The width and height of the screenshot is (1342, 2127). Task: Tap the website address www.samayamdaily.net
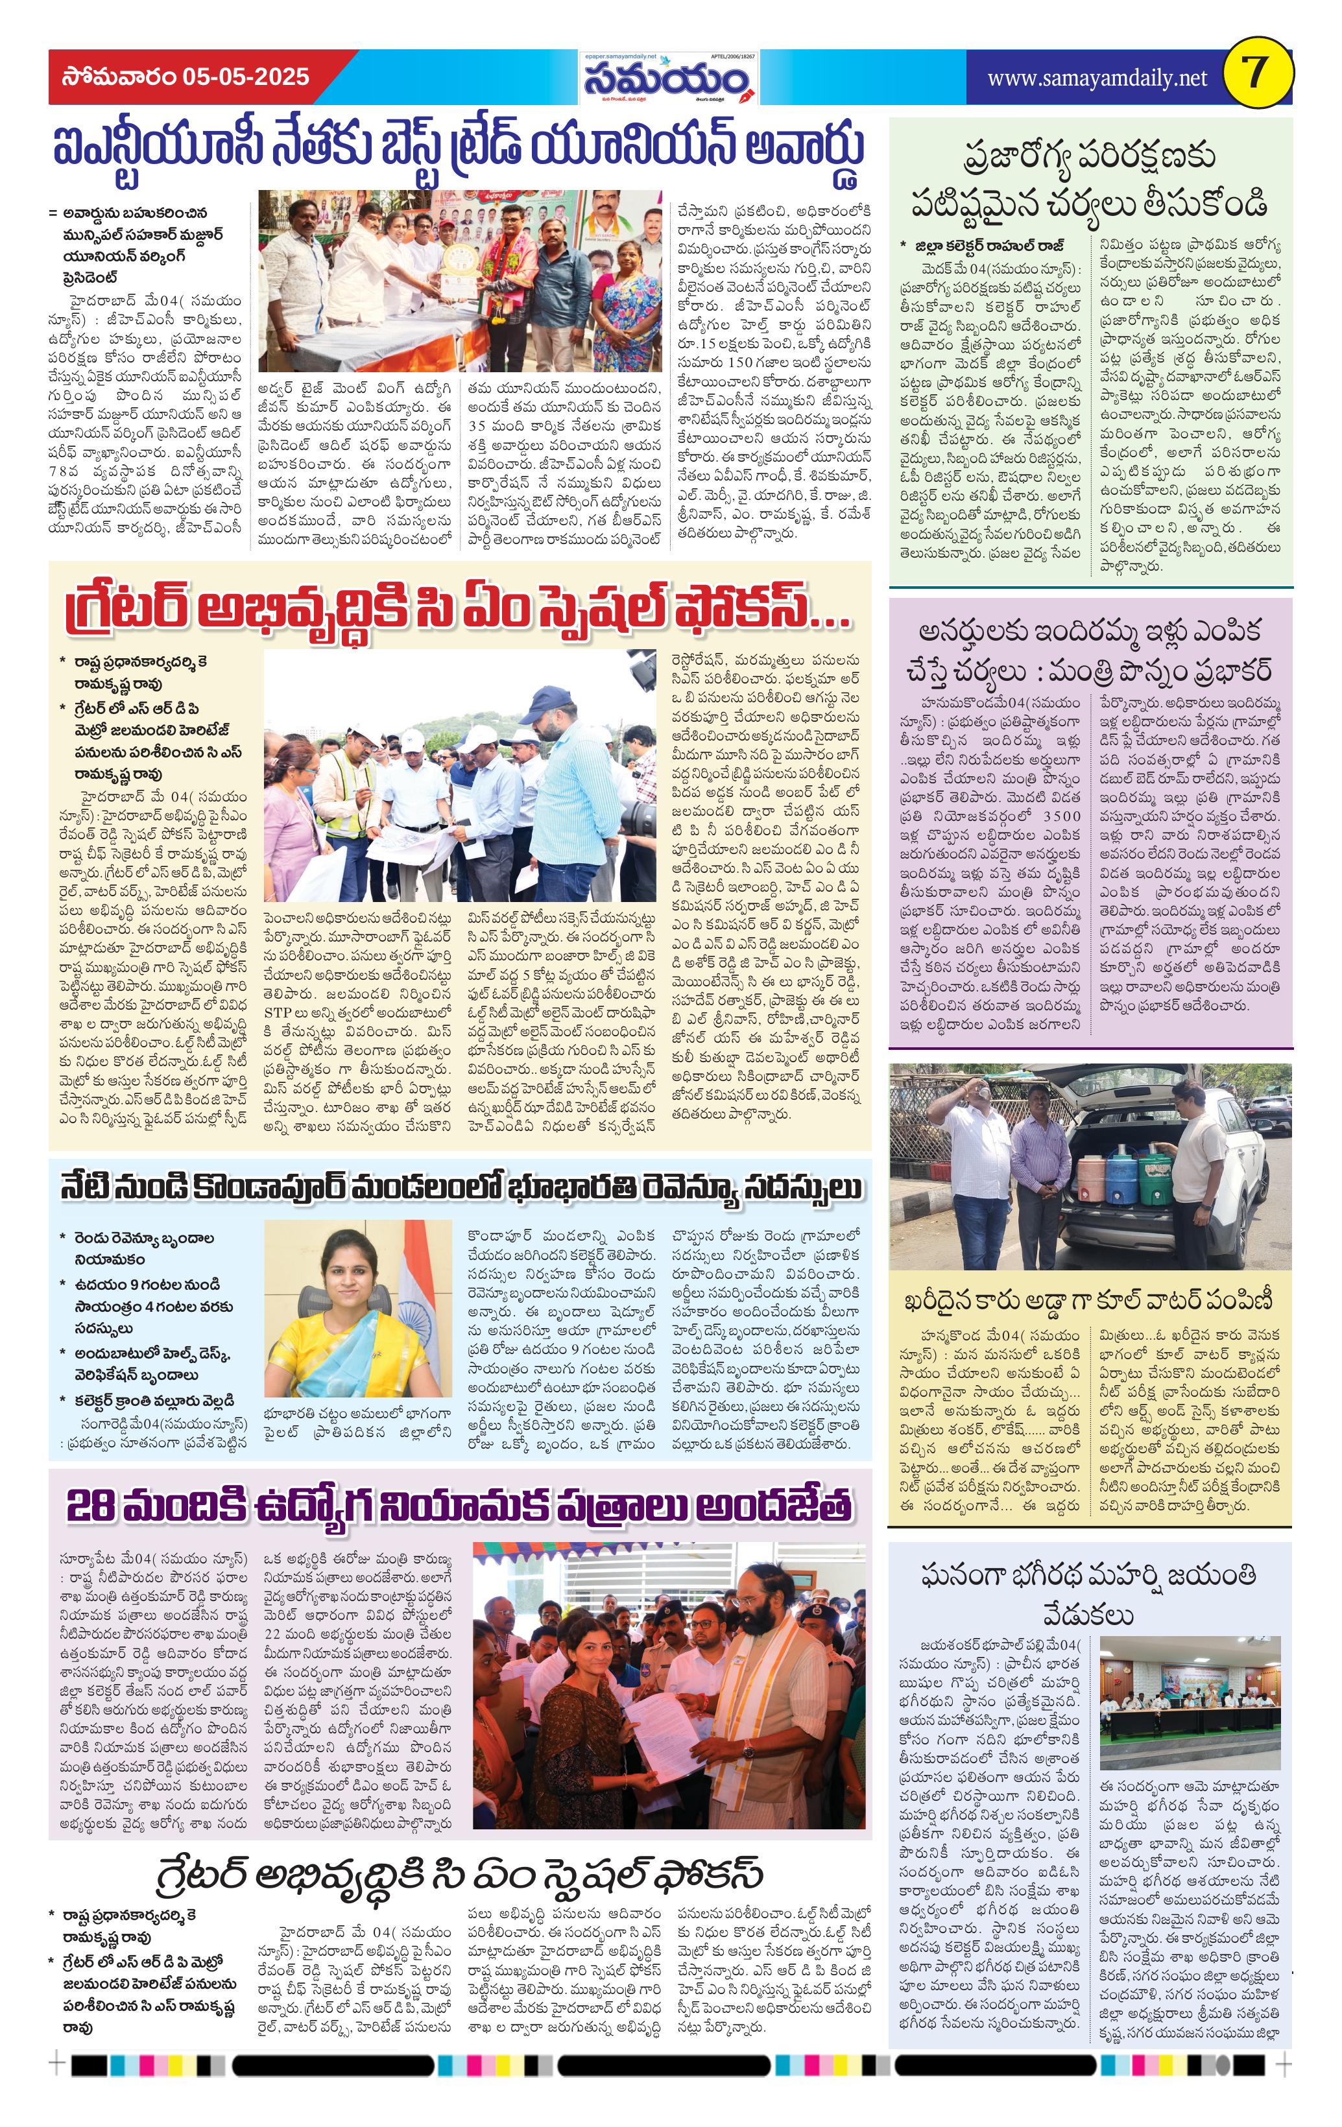click(x=1096, y=78)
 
